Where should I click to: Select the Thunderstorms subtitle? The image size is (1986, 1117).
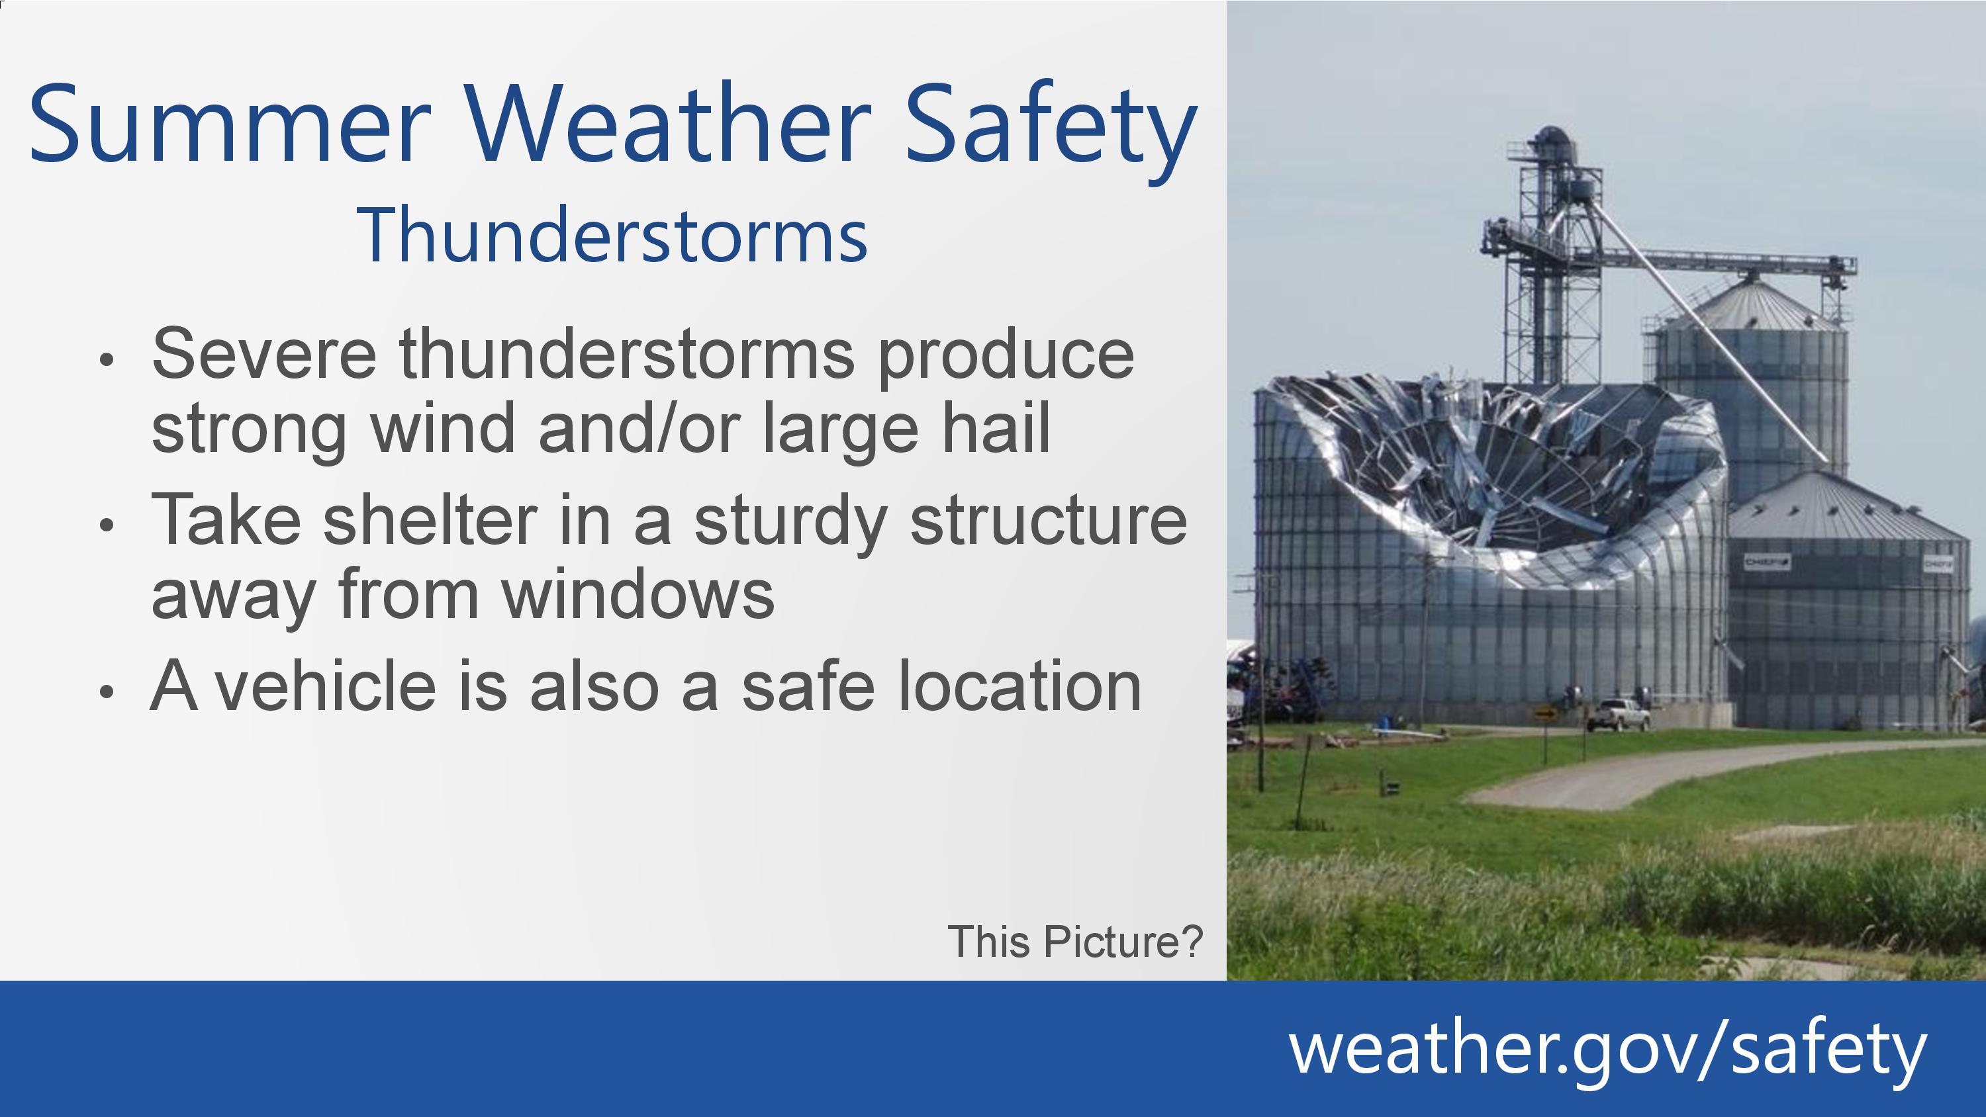pos(612,235)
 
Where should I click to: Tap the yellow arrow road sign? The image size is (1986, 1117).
pos(1545,713)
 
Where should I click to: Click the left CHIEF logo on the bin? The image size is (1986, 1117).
pos(1767,562)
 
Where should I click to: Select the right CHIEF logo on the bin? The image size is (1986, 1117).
pos(1938,564)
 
